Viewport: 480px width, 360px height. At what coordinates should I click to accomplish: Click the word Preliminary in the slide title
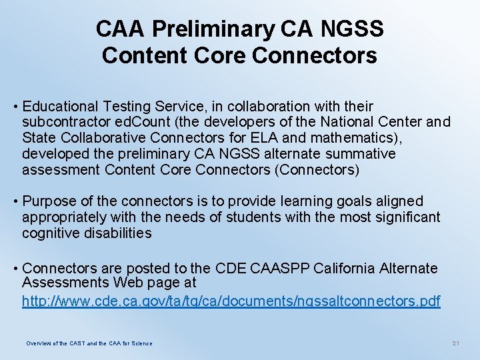pos(212,29)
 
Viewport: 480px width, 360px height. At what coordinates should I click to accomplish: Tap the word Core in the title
pos(216,55)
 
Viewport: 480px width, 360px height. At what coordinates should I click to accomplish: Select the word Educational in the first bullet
pos(62,107)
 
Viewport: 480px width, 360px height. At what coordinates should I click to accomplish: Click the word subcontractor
pos(66,122)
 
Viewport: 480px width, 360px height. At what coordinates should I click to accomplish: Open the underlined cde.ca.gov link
pos(231,301)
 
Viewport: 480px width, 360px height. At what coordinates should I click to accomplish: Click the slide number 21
pos(456,343)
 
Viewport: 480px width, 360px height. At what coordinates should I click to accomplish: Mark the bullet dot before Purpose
pos(15,201)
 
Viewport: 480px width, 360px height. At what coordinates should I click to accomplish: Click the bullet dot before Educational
pos(15,107)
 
